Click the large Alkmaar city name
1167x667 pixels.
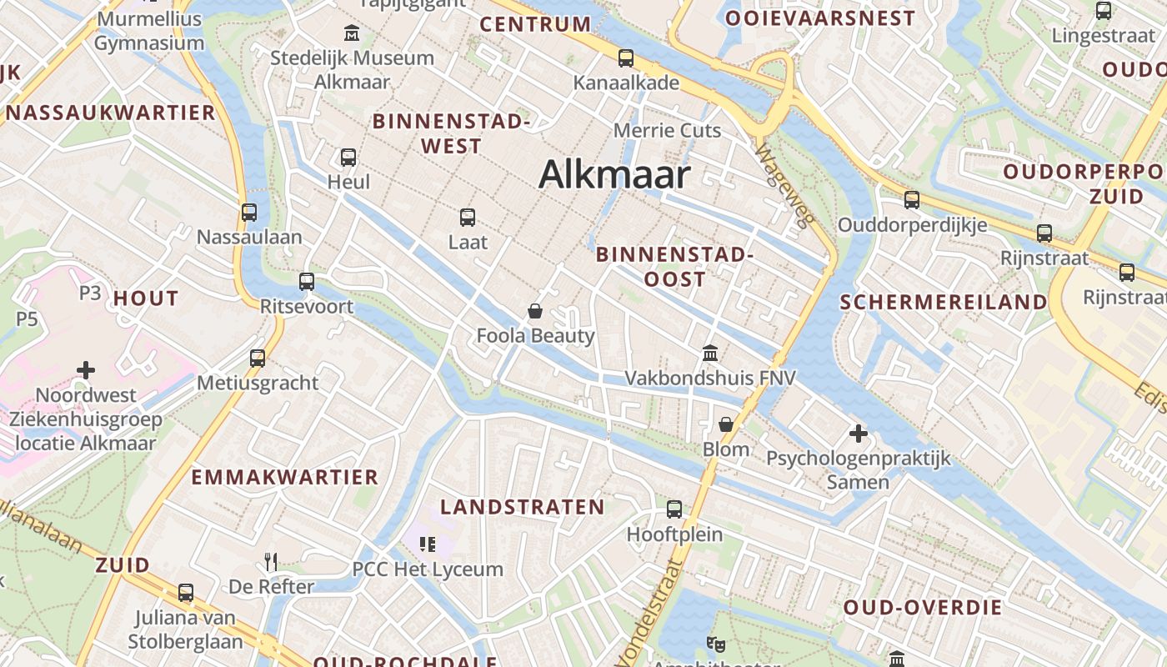point(614,175)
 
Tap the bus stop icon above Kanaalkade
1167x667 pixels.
point(625,58)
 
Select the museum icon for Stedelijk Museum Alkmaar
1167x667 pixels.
point(352,34)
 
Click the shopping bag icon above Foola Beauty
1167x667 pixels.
point(535,311)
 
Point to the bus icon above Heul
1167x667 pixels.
point(348,157)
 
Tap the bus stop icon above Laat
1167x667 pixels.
point(468,218)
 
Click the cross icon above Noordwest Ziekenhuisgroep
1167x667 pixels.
point(86,369)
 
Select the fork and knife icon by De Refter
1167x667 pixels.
point(270,561)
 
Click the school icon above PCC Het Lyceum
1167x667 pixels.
point(428,544)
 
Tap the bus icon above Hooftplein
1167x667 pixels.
point(674,509)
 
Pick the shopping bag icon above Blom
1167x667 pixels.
point(726,424)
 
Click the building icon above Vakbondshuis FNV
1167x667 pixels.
point(710,353)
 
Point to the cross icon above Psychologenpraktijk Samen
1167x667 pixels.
point(858,434)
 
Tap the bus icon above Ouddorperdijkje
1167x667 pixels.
point(912,200)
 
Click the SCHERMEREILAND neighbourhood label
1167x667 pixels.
point(943,302)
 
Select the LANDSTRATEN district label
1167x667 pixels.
point(523,507)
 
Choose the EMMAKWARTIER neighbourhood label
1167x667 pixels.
point(285,477)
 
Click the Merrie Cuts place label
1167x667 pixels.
point(667,130)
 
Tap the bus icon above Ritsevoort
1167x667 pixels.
point(307,282)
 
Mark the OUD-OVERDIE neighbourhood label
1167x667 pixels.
point(923,607)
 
